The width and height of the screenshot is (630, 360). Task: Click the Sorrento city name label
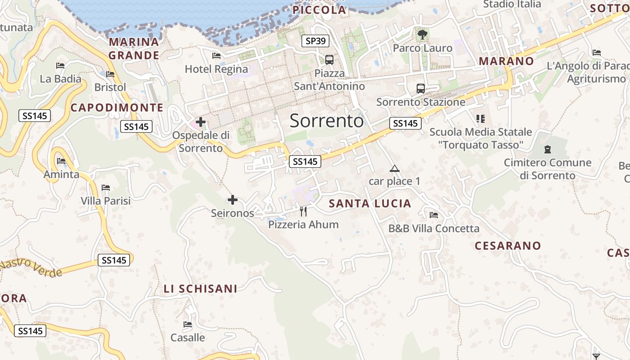pos(326,121)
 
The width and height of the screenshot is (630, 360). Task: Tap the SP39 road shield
pos(315,41)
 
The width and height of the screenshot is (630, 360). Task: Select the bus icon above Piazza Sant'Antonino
pos(329,59)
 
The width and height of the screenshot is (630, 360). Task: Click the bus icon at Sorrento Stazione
pos(421,88)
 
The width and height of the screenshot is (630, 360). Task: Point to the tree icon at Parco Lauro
pos(422,34)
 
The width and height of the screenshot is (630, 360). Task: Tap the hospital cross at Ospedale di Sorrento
pos(201,121)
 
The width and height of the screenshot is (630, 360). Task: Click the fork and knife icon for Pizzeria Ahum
pos(303,211)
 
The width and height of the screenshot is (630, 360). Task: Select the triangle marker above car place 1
pos(395,169)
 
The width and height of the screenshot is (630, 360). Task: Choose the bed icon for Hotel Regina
pos(216,56)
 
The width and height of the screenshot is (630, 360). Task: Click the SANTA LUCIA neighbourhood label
pos(370,203)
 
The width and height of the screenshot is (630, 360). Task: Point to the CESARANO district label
pos(508,246)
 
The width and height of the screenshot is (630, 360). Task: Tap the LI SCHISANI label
pos(200,289)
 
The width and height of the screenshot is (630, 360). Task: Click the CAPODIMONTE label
pos(117,108)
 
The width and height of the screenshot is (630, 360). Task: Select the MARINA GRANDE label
pos(134,49)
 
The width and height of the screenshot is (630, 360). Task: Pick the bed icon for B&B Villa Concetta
pos(434,215)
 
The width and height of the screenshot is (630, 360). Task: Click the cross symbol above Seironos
pos(233,200)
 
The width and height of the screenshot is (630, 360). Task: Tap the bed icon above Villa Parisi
pos(106,187)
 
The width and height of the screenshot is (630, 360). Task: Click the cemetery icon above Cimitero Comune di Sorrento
pos(548,149)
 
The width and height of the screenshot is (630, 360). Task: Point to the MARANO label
pos(506,61)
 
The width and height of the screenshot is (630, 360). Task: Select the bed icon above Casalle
pos(188,324)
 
